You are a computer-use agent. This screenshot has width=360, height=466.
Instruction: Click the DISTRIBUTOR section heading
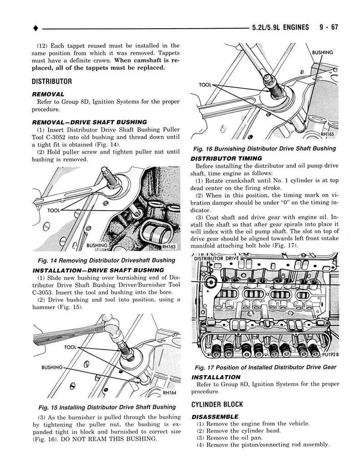tap(52, 82)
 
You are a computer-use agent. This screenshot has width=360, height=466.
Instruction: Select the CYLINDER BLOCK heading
tap(218, 404)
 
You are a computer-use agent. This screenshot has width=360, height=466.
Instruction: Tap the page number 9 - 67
tap(328, 27)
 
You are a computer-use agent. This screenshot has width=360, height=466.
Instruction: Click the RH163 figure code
tap(167, 247)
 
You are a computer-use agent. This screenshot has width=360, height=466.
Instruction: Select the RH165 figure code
tap(327, 135)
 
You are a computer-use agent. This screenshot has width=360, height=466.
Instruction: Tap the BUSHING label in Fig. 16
tap(323, 53)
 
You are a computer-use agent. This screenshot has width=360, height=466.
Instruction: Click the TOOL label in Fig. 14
tap(54, 211)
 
